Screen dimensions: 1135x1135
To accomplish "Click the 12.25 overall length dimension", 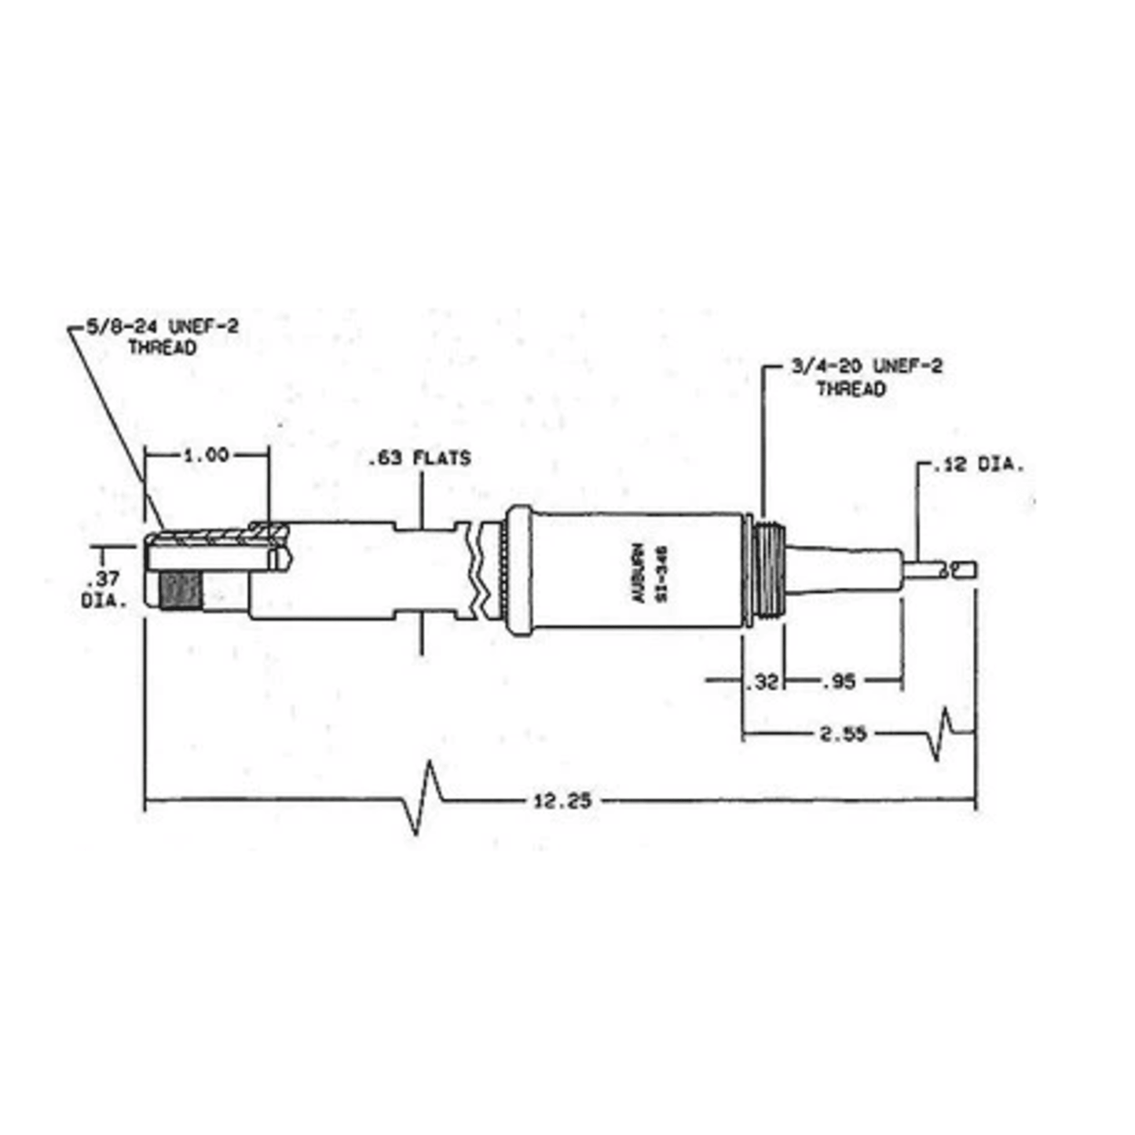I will (562, 801).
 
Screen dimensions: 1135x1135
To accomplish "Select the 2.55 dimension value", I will (843, 734).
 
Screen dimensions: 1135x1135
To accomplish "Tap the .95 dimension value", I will (838, 682).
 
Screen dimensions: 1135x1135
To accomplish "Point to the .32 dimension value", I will (763, 682).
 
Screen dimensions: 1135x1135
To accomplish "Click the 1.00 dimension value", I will (206, 455).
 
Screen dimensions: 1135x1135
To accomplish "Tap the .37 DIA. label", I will (103, 590).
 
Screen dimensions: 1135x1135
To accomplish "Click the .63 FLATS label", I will (419, 458).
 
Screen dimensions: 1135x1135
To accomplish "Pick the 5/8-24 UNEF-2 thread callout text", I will (163, 336).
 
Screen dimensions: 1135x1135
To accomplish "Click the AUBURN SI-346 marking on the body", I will (650, 573).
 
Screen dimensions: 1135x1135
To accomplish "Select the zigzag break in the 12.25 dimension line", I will (426, 797).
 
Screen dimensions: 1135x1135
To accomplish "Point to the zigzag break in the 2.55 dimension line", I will (942, 734).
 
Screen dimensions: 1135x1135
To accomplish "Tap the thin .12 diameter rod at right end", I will (939, 569).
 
